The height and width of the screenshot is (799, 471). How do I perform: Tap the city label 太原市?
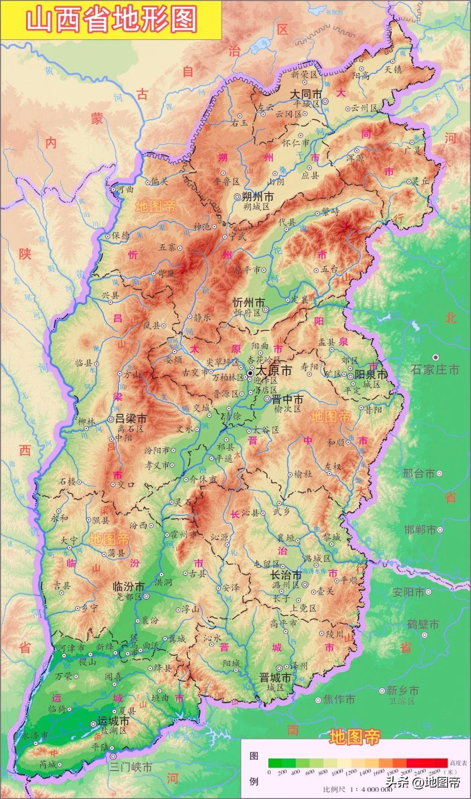[x=274, y=371]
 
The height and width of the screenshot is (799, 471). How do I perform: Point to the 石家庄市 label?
[x=435, y=369]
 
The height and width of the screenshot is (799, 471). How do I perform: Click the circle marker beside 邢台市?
[x=440, y=473]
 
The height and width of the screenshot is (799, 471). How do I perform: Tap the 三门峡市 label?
[x=130, y=767]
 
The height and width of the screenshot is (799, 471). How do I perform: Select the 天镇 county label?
[x=393, y=69]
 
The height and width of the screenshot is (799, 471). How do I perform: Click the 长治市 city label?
[x=286, y=575]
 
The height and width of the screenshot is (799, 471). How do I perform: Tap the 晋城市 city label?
[x=275, y=678]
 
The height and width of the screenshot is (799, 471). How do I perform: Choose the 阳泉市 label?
[x=371, y=375]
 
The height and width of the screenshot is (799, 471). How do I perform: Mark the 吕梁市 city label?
[x=130, y=419]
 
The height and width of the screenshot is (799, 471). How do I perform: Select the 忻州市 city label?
[x=249, y=302]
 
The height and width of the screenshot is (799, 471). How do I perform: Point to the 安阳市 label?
[x=408, y=592]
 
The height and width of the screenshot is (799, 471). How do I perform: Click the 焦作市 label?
[x=339, y=699]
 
